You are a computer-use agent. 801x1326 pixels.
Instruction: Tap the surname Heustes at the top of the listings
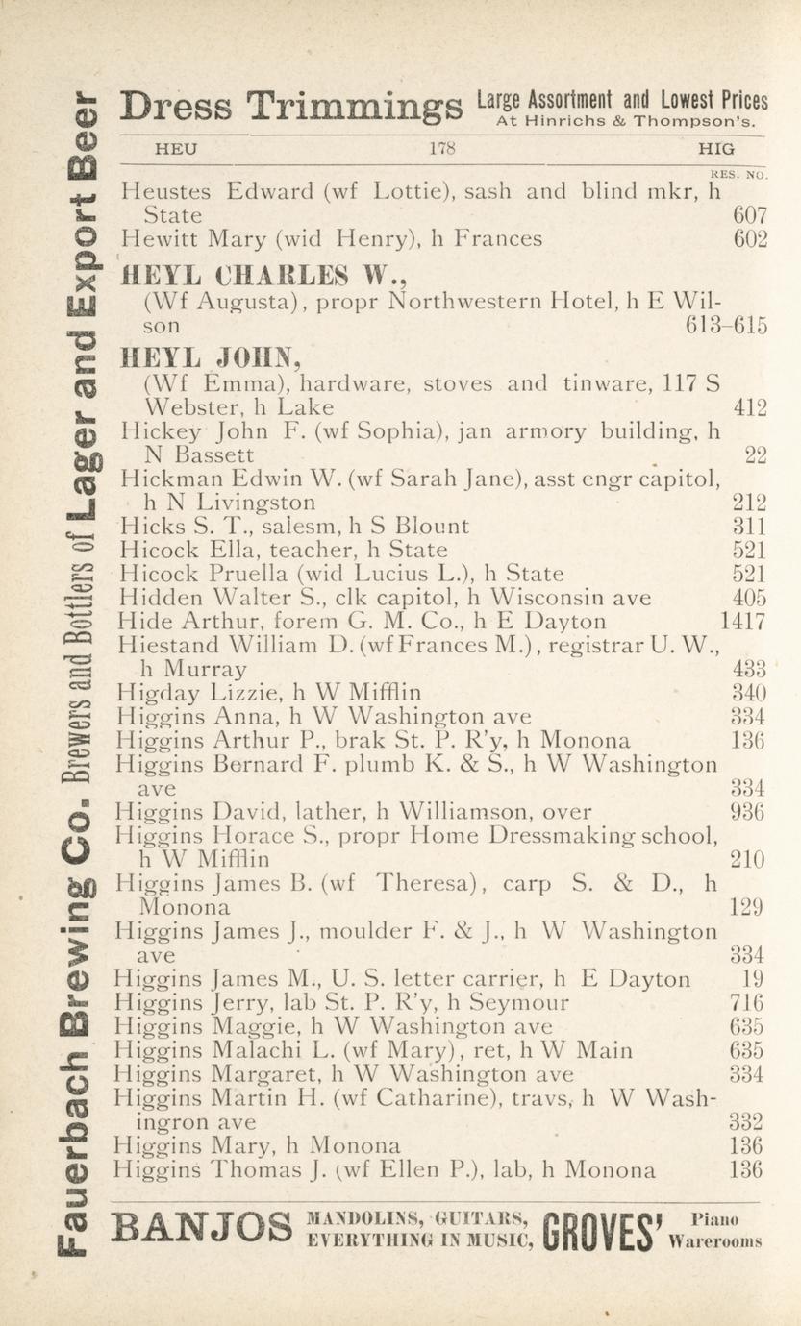[168, 190]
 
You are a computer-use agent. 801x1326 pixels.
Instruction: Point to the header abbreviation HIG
[717, 149]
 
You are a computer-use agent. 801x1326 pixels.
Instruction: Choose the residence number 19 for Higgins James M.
[754, 980]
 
